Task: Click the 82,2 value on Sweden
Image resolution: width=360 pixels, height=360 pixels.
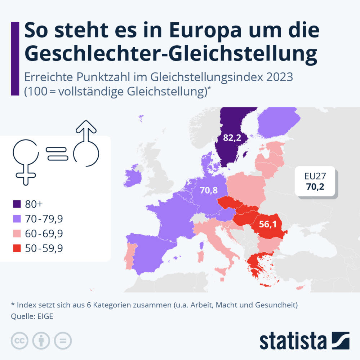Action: [x=232, y=137]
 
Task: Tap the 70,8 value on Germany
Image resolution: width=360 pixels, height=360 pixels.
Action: [x=209, y=190]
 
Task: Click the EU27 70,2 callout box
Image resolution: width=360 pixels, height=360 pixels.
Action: [x=316, y=183]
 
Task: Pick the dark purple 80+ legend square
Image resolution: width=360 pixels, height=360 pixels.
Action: [x=17, y=204]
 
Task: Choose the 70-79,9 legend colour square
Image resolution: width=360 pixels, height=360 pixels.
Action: [x=17, y=219]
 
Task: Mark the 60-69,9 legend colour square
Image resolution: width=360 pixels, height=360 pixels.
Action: [x=17, y=234]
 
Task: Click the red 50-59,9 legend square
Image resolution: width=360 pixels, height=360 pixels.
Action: [x=17, y=248]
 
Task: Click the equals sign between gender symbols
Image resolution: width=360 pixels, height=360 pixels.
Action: [x=57, y=154]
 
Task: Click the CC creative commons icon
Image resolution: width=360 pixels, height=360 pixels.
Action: [x=20, y=340]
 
